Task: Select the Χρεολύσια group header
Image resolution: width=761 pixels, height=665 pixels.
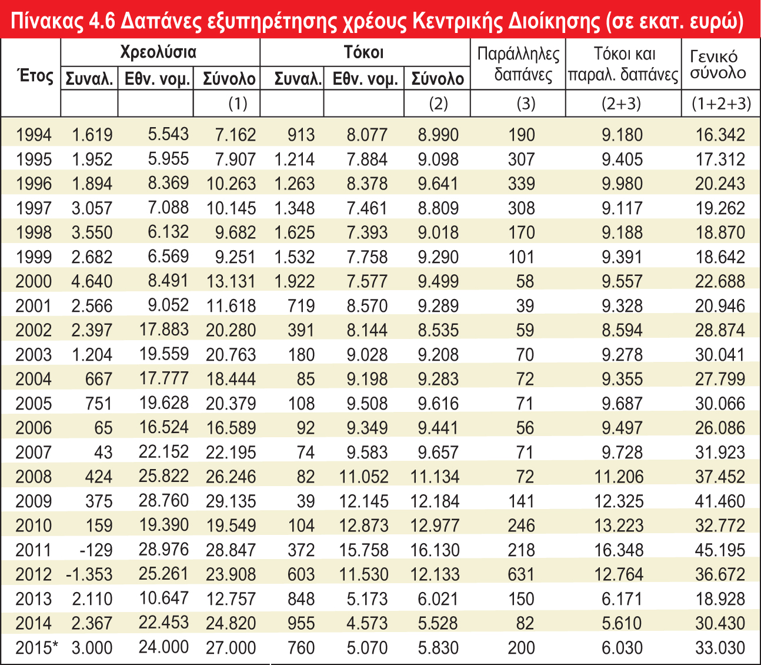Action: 158,52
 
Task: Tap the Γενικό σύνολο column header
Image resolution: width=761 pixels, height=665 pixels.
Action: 717,64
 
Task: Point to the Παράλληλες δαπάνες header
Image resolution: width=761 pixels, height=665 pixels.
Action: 518,64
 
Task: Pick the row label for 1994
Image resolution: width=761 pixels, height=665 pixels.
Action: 34,135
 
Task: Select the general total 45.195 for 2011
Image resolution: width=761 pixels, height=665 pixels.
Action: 719,550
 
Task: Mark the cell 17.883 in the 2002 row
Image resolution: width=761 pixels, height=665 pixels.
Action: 164,330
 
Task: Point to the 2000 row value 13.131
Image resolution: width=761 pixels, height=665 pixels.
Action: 231,281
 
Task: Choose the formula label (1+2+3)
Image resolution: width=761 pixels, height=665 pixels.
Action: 721,104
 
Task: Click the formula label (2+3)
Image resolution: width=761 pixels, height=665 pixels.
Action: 621,104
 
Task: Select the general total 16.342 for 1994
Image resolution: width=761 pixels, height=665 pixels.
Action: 720,135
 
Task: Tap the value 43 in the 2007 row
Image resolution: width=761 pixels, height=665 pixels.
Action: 103,453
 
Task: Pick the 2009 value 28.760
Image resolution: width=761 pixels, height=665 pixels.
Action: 164,501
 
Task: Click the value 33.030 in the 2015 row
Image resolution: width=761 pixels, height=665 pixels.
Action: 719,648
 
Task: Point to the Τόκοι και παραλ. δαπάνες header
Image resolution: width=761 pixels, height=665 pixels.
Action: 623,64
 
